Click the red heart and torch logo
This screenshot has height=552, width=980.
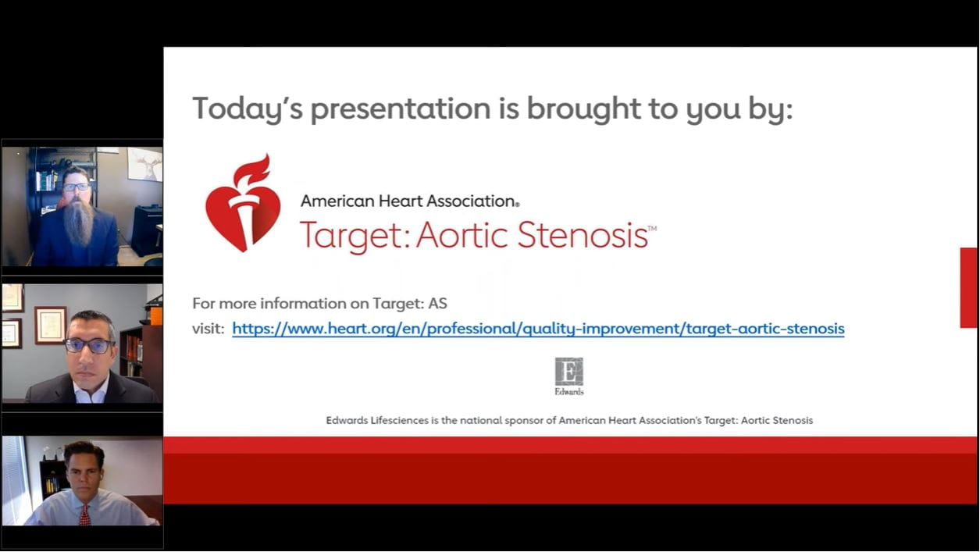pyautogui.click(x=244, y=204)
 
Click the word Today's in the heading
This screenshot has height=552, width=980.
pyautogui.click(x=248, y=109)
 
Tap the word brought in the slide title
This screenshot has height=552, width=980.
pyautogui.click(x=583, y=109)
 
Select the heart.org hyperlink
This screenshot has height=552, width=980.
pyautogui.click(x=538, y=329)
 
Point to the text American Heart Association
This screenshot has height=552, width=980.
pyautogui.click(x=410, y=201)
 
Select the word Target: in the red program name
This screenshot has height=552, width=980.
pyautogui.click(x=355, y=237)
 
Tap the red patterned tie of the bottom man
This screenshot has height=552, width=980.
pyautogui.click(x=85, y=515)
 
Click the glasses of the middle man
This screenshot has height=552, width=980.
pyautogui.click(x=89, y=346)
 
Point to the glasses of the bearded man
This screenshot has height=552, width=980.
pyautogui.click(x=77, y=187)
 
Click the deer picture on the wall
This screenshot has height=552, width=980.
pyautogui.click(x=144, y=165)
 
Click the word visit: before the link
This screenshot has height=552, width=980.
pyautogui.click(x=208, y=328)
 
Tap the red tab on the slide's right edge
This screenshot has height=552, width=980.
pyautogui.click(x=969, y=287)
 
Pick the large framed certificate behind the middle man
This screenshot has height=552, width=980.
pyautogui.click(x=51, y=325)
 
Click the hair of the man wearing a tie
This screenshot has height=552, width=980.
pyautogui.click(x=84, y=451)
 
